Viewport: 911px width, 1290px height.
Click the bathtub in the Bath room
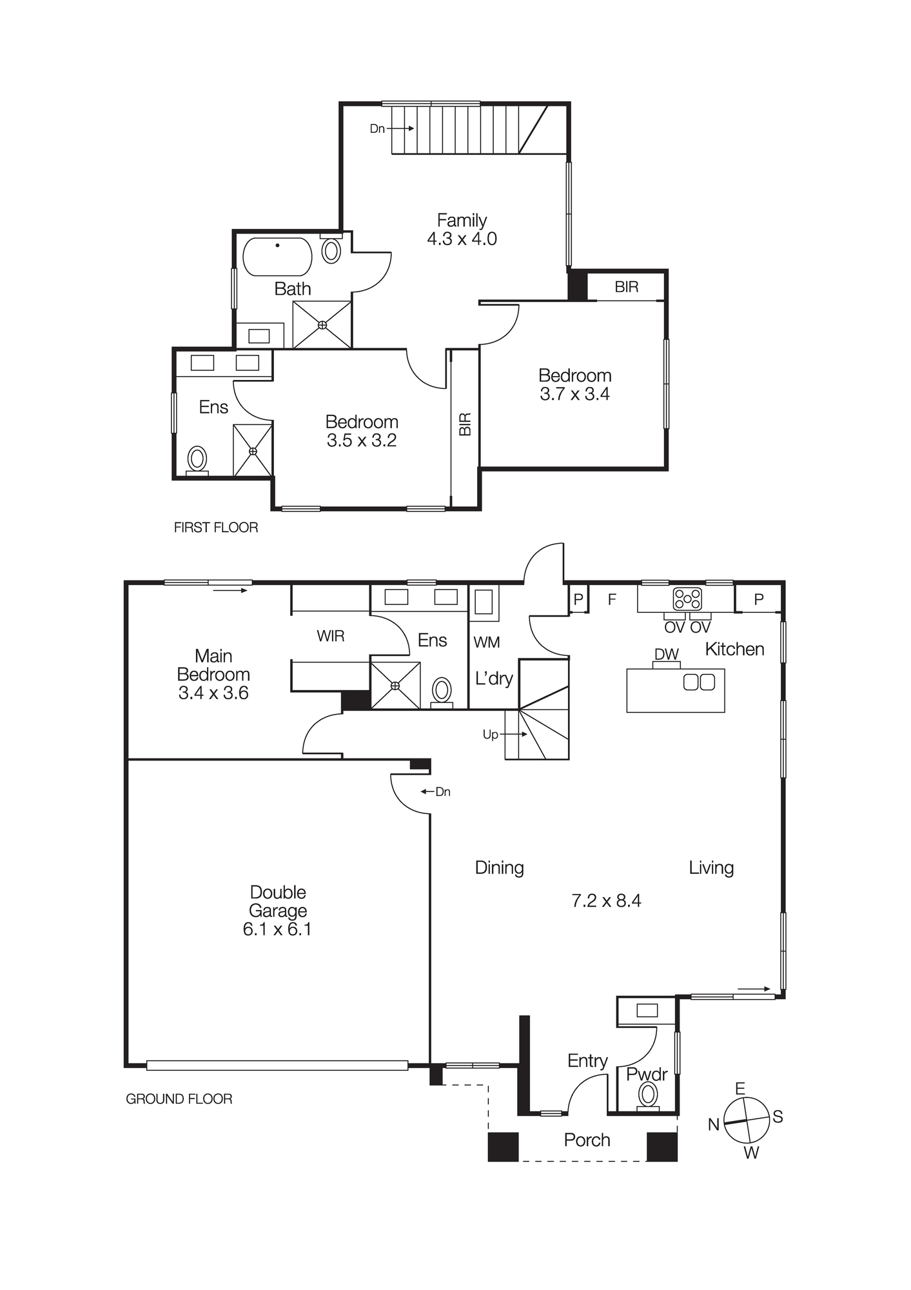pos(277,257)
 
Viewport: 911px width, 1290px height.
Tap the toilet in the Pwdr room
pos(648,1095)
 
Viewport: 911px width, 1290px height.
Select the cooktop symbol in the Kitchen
pos(687,599)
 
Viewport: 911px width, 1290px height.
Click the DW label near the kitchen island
pos(667,655)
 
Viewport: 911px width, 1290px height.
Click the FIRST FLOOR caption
pos(216,528)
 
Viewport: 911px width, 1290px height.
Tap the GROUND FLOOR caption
pos(179,1099)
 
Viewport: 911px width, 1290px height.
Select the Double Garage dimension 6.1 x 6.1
pos(277,929)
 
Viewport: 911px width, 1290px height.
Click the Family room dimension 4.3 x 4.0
pos(462,239)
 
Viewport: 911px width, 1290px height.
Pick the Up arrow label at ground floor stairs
pos(491,735)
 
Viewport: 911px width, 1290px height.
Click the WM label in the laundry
pos(486,642)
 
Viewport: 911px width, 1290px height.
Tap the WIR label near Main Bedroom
pos(330,637)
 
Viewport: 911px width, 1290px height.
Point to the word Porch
pos(587,1140)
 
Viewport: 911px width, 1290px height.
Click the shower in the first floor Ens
pos(253,450)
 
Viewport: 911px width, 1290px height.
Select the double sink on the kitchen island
pos(699,682)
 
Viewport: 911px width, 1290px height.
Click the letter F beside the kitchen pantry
pos(612,600)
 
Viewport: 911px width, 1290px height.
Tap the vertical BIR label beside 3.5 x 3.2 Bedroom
pos(465,424)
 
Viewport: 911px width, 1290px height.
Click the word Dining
pos(499,868)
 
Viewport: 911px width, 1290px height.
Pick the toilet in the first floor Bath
pos(331,250)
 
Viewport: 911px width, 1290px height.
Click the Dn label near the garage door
pos(443,792)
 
